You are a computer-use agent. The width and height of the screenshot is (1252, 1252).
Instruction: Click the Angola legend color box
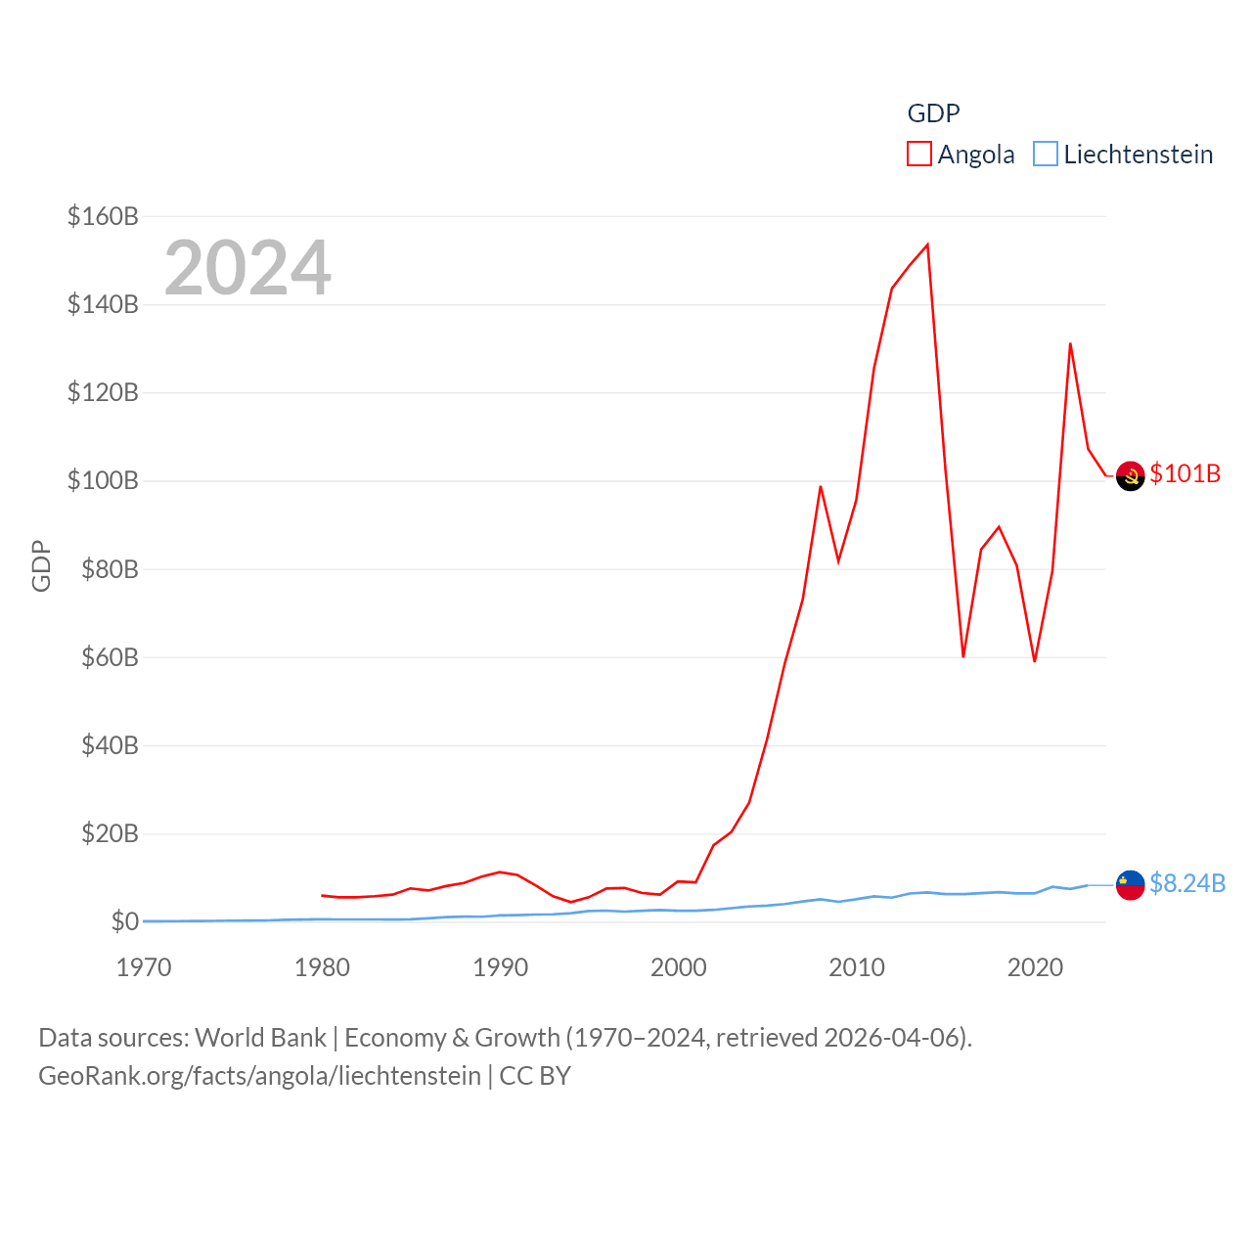[x=919, y=155]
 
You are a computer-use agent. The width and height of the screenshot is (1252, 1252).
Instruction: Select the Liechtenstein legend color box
[x=1046, y=155]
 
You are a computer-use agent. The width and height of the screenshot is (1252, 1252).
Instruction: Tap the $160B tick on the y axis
[x=103, y=216]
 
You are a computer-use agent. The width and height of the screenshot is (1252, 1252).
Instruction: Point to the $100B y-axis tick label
[x=103, y=480]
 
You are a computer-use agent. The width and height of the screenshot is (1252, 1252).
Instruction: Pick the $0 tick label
[x=125, y=921]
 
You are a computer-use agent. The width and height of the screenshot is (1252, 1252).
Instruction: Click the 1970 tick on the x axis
[x=144, y=967]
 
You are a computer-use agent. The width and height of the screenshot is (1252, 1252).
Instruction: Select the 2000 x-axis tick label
[x=679, y=967]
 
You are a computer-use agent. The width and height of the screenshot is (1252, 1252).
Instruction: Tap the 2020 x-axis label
[x=1035, y=967]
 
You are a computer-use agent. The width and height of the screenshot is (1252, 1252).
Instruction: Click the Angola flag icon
[x=1130, y=475]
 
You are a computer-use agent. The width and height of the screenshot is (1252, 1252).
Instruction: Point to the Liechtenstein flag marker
[x=1130, y=884]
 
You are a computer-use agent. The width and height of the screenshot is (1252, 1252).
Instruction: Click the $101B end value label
[x=1185, y=473]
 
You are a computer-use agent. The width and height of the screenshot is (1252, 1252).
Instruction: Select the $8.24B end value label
[x=1187, y=883]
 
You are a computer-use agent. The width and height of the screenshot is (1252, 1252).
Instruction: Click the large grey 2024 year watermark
[x=247, y=268]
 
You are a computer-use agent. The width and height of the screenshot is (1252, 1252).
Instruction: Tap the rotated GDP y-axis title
[x=41, y=565]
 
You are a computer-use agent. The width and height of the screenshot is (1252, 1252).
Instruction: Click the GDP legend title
[x=933, y=113]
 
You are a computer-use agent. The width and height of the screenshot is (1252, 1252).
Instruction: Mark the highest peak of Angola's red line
[x=927, y=245]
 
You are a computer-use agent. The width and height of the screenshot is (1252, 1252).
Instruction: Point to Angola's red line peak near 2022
[x=1070, y=343]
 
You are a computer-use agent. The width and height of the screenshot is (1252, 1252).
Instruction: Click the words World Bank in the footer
[x=260, y=1038]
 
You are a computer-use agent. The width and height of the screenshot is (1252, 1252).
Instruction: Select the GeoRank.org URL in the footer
[x=259, y=1076]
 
